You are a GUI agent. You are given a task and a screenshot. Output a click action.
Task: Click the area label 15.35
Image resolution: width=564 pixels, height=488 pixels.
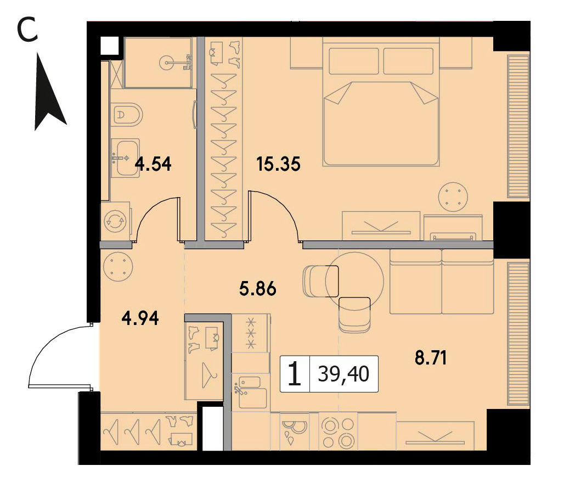pos(278,164)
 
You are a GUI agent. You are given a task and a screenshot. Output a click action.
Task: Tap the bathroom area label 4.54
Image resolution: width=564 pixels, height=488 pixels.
pos(153,164)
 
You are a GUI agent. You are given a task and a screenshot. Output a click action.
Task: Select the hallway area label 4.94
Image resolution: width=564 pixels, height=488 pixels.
pos(140,318)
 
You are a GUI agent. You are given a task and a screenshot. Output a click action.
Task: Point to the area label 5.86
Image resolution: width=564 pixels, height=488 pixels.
pos(257,289)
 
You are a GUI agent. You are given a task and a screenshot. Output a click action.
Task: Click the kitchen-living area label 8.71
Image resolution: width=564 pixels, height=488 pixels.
pos(431,358)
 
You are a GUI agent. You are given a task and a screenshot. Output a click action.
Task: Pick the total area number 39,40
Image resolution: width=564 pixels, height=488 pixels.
pos(343,374)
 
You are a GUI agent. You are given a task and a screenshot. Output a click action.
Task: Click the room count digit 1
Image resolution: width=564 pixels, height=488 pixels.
pos(295,374)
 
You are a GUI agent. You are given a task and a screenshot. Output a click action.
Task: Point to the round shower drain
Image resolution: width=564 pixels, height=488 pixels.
pos(168,63)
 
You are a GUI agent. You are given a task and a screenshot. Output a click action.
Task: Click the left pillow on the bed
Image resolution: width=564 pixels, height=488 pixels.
pos(353,61)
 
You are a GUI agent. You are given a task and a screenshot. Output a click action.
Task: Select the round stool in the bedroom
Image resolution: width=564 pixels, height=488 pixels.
pos(453,198)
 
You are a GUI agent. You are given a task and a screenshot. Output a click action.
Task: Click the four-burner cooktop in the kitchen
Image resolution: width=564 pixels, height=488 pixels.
pos(339,432)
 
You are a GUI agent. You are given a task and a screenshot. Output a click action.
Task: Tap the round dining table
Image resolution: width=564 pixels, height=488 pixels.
pos(354,281)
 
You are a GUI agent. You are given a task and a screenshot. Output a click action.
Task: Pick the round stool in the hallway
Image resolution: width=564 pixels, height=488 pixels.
pos(118,267)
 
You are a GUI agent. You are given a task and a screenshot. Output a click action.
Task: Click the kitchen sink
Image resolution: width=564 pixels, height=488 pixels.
pos(251,392)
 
